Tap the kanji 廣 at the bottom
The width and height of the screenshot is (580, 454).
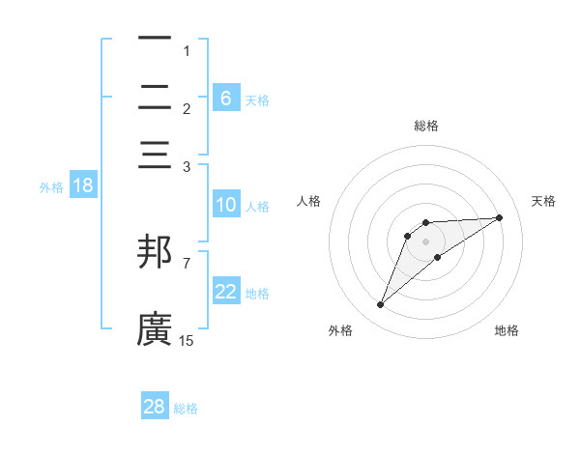pyautogui.click(x=155, y=328)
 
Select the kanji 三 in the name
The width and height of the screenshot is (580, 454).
pyautogui.click(x=155, y=156)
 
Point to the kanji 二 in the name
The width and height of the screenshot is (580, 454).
pyautogui.click(x=155, y=99)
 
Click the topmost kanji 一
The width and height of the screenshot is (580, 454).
pyautogui.click(x=155, y=40)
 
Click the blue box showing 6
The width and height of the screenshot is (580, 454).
pyautogui.click(x=226, y=98)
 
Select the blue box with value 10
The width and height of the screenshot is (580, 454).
pyautogui.click(x=226, y=205)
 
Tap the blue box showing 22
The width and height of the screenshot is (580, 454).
pyautogui.click(x=226, y=292)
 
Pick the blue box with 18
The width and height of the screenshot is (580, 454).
pyautogui.click(x=83, y=185)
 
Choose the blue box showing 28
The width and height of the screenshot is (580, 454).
pyautogui.click(x=155, y=407)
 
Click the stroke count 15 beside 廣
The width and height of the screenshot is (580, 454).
pyautogui.click(x=187, y=340)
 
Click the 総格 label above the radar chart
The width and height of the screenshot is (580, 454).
pyautogui.click(x=426, y=126)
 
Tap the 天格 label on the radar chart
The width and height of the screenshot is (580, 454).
pyautogui.click(x=543, y=201)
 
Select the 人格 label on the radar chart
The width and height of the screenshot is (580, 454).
pyautogui.click(x=309, y=201)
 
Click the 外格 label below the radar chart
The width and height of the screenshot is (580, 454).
pyautogui.click(x=340, y=330)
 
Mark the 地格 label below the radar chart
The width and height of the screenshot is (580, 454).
pyautogui.click(x=507, y=330)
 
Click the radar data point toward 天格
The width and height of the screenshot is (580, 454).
pyautogui.click(x=500, y=217)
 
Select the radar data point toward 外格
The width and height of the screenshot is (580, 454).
pyautogui.click(x=381, y=305)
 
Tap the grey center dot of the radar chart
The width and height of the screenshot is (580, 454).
pyautogui.click(x=426, y=241)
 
